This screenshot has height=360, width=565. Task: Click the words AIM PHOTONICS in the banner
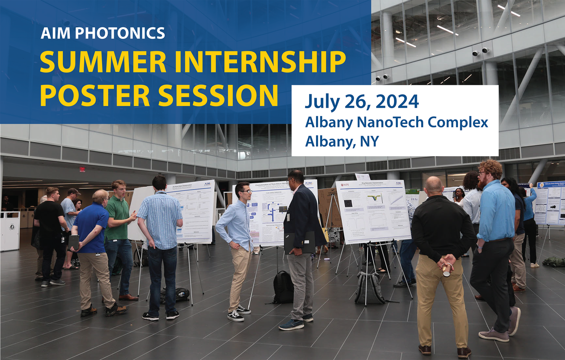click(x=102, y=33)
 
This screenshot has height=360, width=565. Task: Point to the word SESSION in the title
click(x=218, y=96)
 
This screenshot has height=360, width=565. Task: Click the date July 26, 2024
click(x=362, y=102)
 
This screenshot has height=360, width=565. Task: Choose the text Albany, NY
click(x=342, y=141)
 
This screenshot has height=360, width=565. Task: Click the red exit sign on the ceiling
click(x=82, y=169)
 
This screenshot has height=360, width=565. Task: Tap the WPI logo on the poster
click(x=345, y=185)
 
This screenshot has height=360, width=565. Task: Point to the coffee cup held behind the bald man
click(x=446, y=270)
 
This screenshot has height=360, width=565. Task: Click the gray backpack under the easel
click(x=370, y=288)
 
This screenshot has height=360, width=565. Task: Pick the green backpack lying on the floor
click(x=553, y=261)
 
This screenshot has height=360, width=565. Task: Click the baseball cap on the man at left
click(x=73, y=191)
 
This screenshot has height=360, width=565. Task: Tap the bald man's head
click(x=434, y=185)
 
